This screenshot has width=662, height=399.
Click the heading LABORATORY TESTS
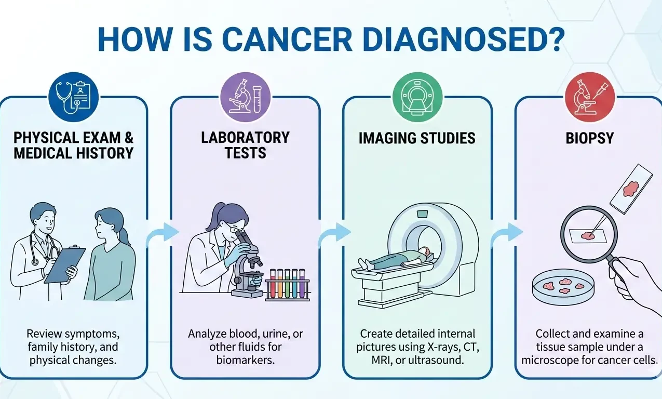click(245, 145)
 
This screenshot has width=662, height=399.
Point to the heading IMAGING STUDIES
click(417, 138)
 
